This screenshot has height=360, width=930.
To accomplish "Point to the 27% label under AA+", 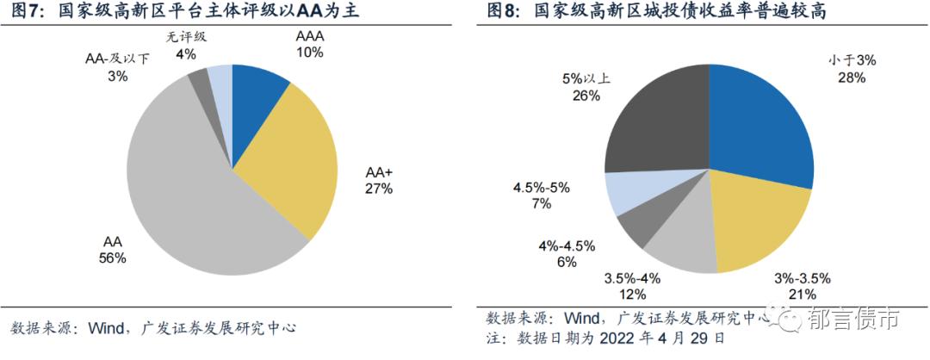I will [378, 189].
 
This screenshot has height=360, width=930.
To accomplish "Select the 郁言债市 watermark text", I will [853, 321].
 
